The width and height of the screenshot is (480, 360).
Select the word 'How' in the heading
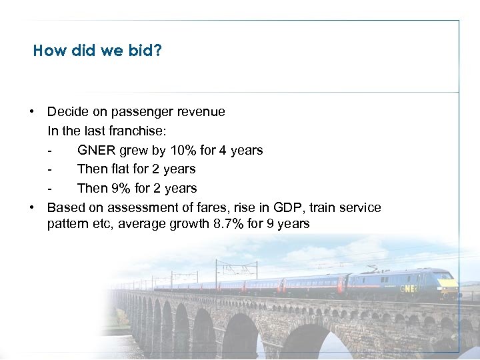tap(47, 51)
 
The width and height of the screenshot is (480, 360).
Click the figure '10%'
tap(183, 150)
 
